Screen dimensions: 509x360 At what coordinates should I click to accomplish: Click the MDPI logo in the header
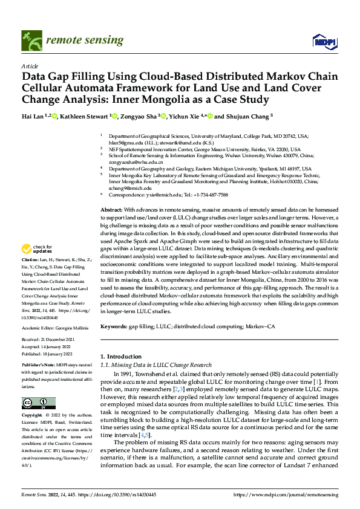[324, 41]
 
